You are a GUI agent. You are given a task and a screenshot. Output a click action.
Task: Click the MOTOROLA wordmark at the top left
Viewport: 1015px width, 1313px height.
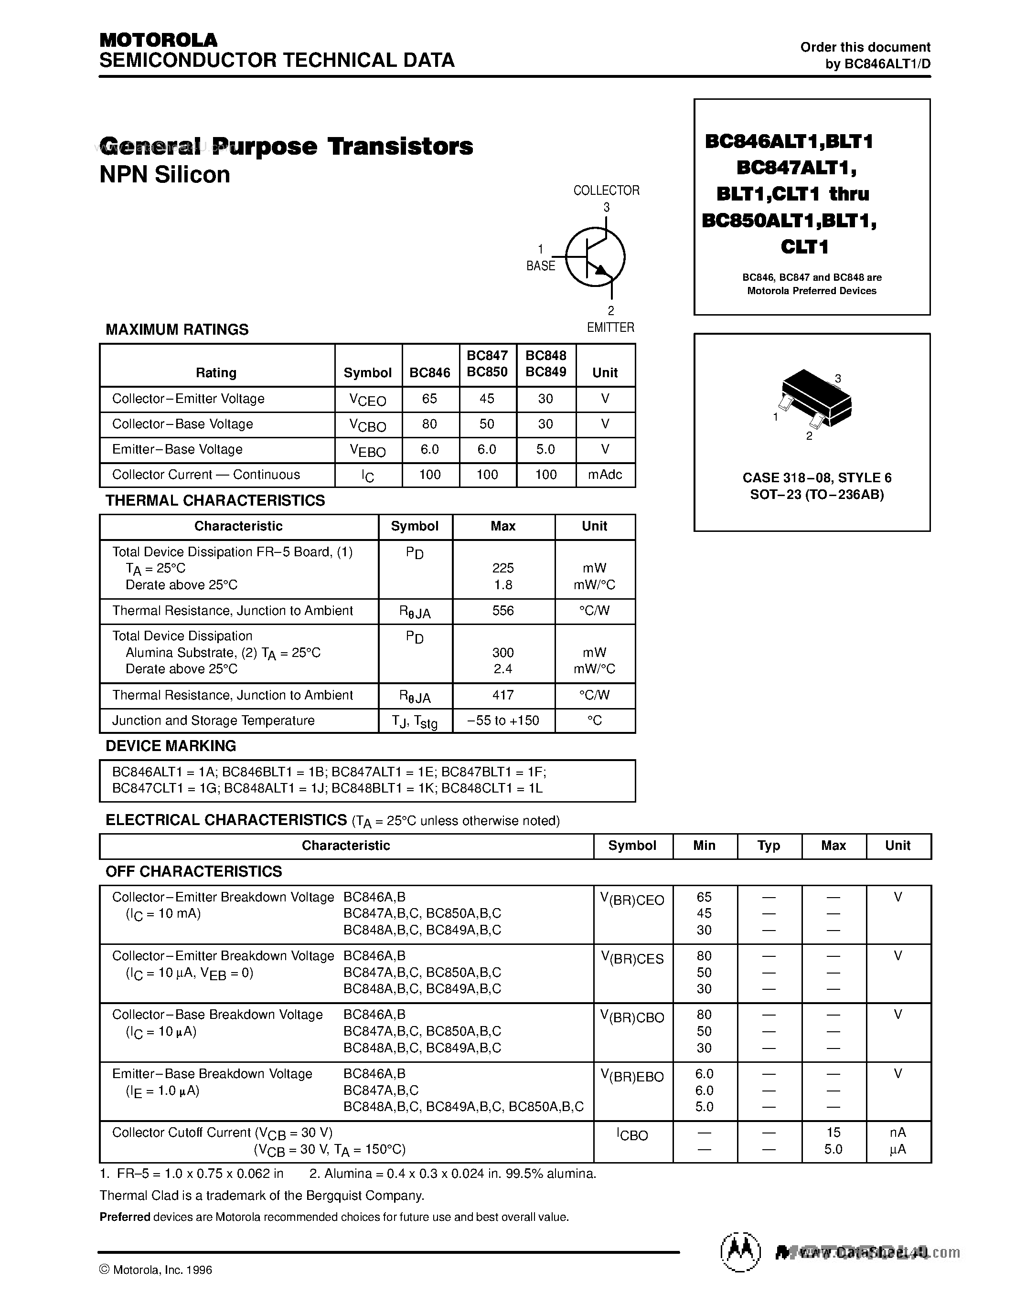pos(158,40)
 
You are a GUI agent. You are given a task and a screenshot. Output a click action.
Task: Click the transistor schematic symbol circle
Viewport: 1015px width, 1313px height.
pos(595,257)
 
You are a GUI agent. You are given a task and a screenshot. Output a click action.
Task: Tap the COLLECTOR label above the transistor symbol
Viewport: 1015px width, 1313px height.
pos(606,191)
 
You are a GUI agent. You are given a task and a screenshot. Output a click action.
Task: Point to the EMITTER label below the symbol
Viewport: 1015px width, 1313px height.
pos(610,327)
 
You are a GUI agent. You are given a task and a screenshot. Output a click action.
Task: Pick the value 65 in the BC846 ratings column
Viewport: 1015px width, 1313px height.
pos(429,399)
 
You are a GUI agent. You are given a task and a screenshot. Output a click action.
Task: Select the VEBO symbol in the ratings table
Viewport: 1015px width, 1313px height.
pos(367,450)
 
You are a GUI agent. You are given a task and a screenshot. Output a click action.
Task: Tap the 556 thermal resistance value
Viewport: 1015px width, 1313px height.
pos(502,610)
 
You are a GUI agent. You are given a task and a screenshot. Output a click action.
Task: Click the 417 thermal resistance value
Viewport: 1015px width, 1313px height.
pos(502,695)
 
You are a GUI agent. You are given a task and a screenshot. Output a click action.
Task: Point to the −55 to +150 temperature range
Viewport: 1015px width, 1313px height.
pos(502,720)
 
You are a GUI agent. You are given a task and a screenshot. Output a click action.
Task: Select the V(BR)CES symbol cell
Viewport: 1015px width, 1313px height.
pos(632,958)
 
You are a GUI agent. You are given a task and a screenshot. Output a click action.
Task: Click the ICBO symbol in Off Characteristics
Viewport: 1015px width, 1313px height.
pos(632,1134)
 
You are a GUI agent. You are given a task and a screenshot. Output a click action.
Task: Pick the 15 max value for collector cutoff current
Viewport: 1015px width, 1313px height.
pos(833,1132)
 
